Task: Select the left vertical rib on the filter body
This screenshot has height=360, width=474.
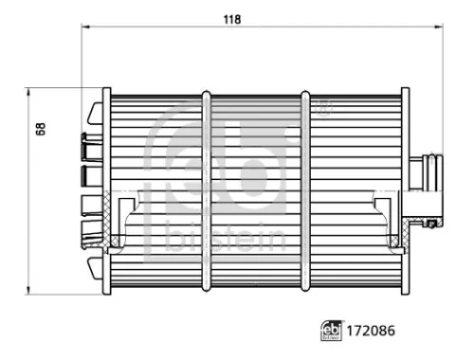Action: [206, 189]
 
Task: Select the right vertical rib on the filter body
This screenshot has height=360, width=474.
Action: [305, 189]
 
